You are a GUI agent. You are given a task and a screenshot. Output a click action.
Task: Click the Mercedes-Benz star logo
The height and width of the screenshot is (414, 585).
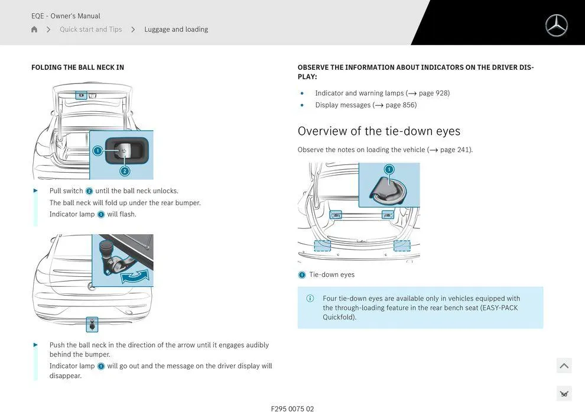point(556,25)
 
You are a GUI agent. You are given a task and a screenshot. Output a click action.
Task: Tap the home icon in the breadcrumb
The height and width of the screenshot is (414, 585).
point(34,30)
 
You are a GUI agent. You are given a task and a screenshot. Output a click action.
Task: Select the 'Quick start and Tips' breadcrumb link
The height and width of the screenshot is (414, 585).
point(90,30)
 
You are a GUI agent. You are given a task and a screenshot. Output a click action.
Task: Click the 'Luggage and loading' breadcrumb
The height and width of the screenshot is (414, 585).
point(176,30)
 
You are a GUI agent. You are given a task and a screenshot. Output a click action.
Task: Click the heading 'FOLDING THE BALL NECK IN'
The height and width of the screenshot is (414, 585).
point(77,67)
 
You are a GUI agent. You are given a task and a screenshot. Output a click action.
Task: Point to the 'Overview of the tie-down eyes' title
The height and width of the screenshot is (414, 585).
point(379,131)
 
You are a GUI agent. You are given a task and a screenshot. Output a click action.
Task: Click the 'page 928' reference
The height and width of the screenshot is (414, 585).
point(434,93)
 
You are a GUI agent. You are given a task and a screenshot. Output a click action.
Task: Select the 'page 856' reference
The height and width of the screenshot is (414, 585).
point(401,105)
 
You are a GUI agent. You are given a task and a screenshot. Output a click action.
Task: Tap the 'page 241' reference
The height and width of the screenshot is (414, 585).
point(456,150)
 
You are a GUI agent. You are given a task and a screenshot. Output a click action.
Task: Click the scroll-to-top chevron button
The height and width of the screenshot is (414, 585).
point(564,366)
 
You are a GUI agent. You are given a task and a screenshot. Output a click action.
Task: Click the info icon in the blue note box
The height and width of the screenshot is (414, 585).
point(310,299)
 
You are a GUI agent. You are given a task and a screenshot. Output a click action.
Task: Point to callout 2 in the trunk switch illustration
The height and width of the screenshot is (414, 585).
point(125,171)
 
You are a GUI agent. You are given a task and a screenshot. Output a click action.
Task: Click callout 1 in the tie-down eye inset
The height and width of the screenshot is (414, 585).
point(389,170)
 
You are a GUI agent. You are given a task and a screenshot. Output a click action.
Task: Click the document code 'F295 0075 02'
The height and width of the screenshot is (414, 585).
point(292,409)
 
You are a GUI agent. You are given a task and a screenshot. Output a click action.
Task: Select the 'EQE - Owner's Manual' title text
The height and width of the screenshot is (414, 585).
point(66,16)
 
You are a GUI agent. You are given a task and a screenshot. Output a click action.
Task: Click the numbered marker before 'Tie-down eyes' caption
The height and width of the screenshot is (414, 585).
point(302,275)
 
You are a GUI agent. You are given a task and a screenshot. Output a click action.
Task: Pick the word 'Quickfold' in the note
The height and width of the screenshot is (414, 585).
point(339,318)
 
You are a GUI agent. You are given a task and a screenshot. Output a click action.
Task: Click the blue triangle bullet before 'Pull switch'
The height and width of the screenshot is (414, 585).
point(35,191)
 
